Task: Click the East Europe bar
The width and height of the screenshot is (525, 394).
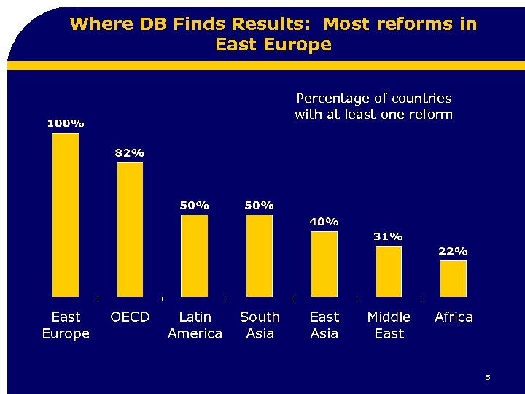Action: point(66,215)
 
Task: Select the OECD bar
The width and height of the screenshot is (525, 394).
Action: point(130,229)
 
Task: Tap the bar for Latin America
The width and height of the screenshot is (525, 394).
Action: point(194,255)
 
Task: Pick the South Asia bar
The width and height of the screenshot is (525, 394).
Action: point(259,255)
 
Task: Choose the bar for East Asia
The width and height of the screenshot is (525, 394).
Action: point(324,263)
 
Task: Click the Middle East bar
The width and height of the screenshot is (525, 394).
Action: point(388,271)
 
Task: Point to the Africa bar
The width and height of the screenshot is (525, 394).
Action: point(453,278)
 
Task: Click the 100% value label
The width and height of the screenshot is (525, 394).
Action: point(66,123)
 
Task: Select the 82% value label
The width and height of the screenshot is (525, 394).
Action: point(130,152)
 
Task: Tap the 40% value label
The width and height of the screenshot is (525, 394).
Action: point(324,221)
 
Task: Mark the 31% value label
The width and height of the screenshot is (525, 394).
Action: point(388,236)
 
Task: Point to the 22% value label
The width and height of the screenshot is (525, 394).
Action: point(453,251)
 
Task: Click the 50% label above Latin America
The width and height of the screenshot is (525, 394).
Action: point(195,205)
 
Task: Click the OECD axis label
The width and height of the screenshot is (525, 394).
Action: point(130,317)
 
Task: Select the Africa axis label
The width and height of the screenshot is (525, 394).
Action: point(454,317)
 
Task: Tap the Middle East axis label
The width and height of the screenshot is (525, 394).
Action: point(389,325)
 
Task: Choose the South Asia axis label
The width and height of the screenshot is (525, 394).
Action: point(260,325)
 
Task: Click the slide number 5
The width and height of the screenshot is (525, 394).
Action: point(488,377)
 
